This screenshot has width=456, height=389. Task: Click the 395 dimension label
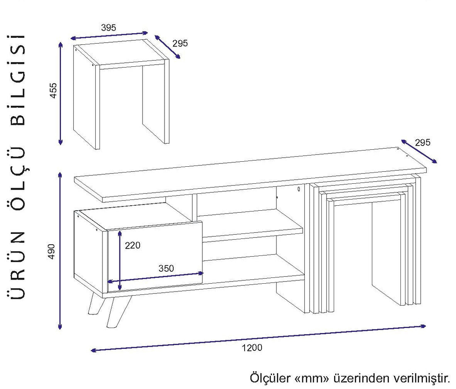point(109,27)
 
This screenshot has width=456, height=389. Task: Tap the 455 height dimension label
point(53,90)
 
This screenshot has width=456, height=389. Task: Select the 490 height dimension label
point(51,252)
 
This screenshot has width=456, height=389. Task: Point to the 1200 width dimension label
point(252,348)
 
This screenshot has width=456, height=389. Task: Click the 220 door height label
point(133,245)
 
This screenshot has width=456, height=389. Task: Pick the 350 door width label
point(166,268)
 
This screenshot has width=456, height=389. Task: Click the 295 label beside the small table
point(180,44)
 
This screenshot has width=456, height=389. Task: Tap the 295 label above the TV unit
point(422,142)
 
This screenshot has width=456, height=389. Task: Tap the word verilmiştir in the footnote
point(422,378)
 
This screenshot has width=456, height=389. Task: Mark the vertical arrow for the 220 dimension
point(120,260)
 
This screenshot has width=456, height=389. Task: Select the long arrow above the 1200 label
point(258,338)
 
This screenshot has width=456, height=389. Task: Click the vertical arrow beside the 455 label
point(61,93)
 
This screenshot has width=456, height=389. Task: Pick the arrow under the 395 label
point(109,35)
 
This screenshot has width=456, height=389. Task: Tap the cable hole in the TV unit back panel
point(298,189)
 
